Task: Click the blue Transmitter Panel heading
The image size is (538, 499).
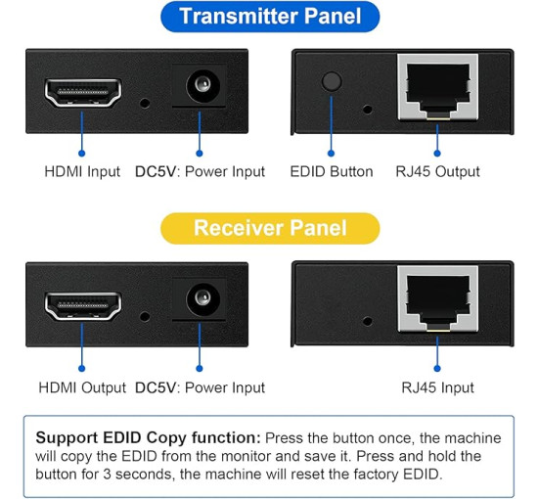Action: pos(269,17)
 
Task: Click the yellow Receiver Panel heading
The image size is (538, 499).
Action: pos(269,228)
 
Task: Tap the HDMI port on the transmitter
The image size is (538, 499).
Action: pos(82,94)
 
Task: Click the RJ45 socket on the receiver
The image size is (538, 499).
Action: pos(436,299)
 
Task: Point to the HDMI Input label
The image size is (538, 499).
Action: pos(82,171)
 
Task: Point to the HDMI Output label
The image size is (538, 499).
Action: pos(82,387)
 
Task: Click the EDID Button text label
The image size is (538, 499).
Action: pos(332,171)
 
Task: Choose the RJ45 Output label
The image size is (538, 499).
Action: pos(437,171)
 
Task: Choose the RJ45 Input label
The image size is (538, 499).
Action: pos(437,387)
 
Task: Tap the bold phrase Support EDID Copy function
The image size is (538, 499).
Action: pos(148,437)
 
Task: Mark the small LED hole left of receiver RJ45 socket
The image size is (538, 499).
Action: pos(367,320)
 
